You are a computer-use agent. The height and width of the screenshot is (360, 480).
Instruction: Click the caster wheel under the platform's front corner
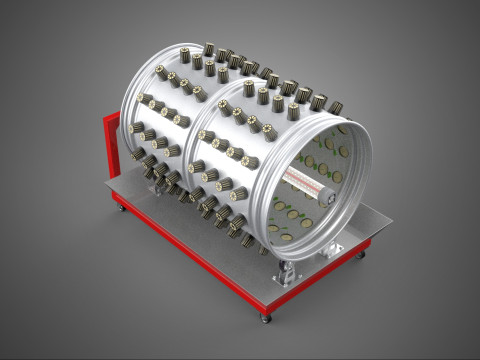click(266, 317)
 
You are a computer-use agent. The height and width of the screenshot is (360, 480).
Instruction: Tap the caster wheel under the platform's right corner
click(362, 256)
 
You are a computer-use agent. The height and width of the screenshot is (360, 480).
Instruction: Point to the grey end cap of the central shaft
click(326, 197)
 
